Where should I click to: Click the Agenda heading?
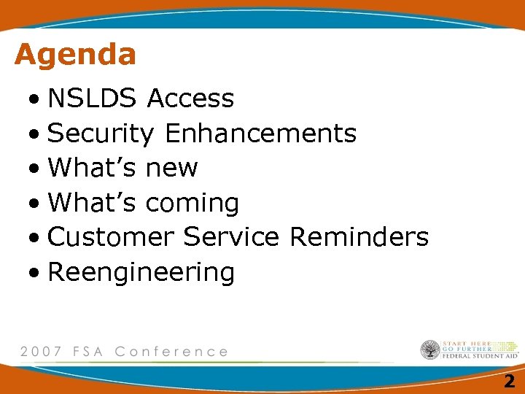75,55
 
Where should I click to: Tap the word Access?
190,98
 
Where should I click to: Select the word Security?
101,134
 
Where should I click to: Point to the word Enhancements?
260,133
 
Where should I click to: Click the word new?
171,168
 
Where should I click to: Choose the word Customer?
111,236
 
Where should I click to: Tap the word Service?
231,236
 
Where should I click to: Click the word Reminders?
359,236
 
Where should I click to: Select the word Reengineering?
141,273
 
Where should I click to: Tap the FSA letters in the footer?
88,351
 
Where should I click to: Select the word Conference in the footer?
171,351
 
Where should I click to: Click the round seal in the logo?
430,349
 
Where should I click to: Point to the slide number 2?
509,380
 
